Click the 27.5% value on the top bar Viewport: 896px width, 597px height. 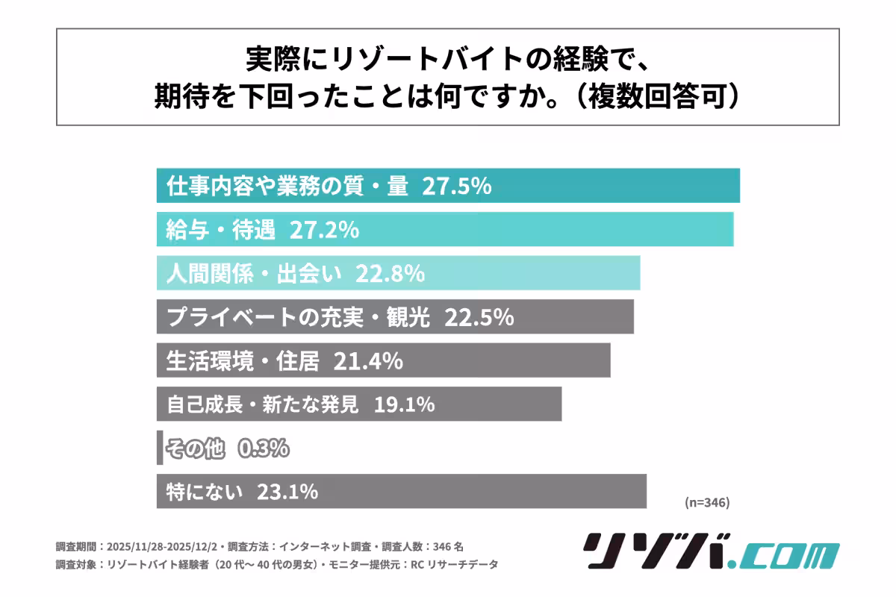click(456, 186)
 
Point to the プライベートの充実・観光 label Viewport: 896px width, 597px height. click(299, 317)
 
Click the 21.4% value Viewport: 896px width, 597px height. click(368, 361)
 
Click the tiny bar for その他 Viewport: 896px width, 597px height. click(160, 448)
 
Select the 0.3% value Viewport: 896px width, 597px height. click(264, 448)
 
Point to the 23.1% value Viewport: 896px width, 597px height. click(287, 492)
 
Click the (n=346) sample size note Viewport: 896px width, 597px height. click(706, 502)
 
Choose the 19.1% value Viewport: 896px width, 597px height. click(400, 404)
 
